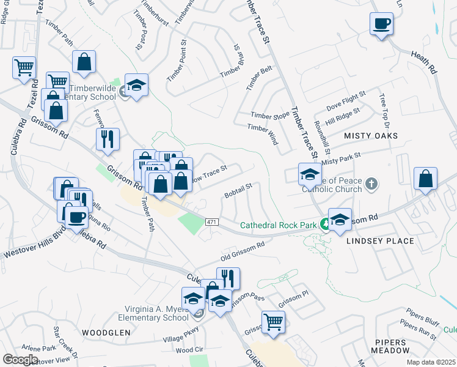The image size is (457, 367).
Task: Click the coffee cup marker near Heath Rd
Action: point(381,24)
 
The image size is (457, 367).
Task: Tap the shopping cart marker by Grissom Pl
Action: point(273,322)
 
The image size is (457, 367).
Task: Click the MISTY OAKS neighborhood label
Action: point(371,135)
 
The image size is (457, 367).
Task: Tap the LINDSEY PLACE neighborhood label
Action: point(380,241)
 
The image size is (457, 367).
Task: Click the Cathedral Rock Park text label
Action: point(279,225)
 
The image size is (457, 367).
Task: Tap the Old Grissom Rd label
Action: point(243,251)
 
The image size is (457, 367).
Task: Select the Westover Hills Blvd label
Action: point(34,244)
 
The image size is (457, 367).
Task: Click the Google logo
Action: point(20,359)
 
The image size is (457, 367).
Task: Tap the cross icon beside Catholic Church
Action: point(371,183)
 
